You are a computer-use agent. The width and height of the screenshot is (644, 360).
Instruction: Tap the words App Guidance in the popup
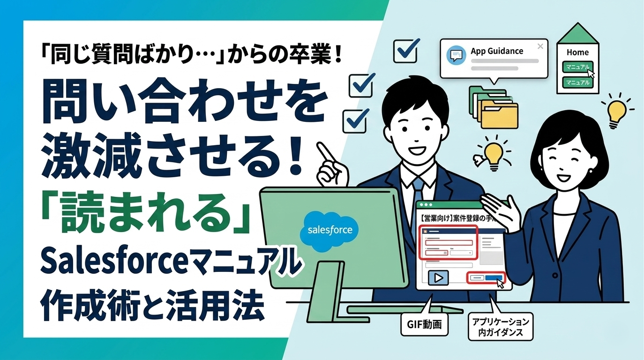497,51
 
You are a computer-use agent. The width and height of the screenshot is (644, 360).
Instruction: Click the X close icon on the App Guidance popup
540,46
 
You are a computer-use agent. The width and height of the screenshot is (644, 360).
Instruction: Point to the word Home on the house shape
577,52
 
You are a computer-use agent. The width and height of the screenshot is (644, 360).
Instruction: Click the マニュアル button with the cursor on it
577,67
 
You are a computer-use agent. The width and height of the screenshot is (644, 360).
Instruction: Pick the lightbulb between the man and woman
492,155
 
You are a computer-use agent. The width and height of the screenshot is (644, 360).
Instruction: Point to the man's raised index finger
322,150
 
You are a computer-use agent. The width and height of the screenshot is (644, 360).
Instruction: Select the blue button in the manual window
493,278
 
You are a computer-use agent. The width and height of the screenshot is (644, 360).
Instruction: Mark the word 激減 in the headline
80,154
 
